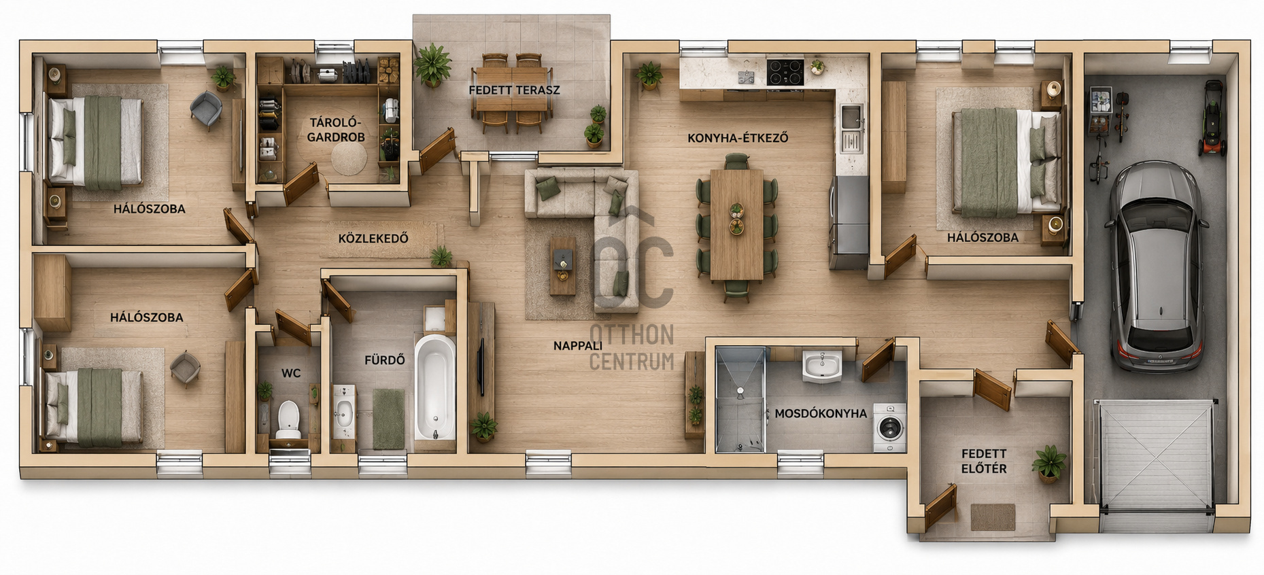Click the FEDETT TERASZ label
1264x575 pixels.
[x=514, y=90]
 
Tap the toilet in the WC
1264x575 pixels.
[x=288, y=419]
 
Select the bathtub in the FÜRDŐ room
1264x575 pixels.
[x=434, y=388]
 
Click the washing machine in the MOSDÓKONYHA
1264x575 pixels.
[x=889, y=428]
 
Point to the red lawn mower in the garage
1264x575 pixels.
[x=1212, y=119]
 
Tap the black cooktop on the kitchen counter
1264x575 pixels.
[x=785, y=73]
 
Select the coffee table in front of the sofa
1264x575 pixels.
[x=562, y=265]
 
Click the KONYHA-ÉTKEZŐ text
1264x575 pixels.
[x=738, y=138]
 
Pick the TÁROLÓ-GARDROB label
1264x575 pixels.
[x=336, y=130]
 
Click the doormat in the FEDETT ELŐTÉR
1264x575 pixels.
[x=993, y=517]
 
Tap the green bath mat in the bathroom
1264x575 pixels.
[x=388, y=418]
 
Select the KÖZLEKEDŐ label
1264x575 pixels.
[x=373, y=239]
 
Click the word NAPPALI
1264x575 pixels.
[x=578, y=346]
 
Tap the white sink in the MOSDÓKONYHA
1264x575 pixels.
[x=822, y=366]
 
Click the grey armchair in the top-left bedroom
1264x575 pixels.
[x=205, y=109]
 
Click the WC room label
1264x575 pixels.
[x=291, y=373]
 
